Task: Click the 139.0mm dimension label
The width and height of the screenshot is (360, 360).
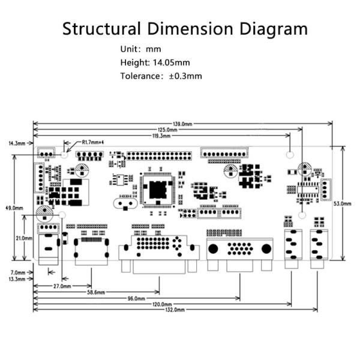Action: [182, 124]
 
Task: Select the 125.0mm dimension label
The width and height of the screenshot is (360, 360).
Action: [167, 130]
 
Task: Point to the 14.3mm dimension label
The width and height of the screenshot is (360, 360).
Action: [17, 143]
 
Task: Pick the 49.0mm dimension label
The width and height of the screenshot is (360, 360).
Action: [14, 208]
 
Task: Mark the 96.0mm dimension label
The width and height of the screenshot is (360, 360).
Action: [136, 298]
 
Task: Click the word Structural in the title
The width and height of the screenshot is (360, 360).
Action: [100, 28]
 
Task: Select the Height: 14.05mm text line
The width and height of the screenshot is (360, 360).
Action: [155, 62]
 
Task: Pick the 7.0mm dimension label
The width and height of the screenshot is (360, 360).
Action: [16, 272]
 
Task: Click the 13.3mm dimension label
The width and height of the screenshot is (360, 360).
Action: [16, 279]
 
